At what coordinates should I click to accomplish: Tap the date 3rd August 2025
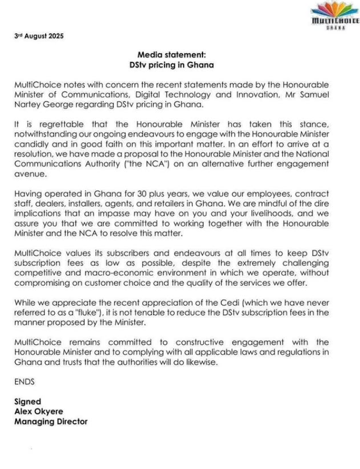[x=39, y=37]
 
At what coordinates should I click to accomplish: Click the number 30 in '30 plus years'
[x=119, y=192]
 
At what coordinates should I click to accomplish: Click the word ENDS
[x=24, y=381]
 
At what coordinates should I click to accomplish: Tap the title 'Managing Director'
[x=51, y=421]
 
